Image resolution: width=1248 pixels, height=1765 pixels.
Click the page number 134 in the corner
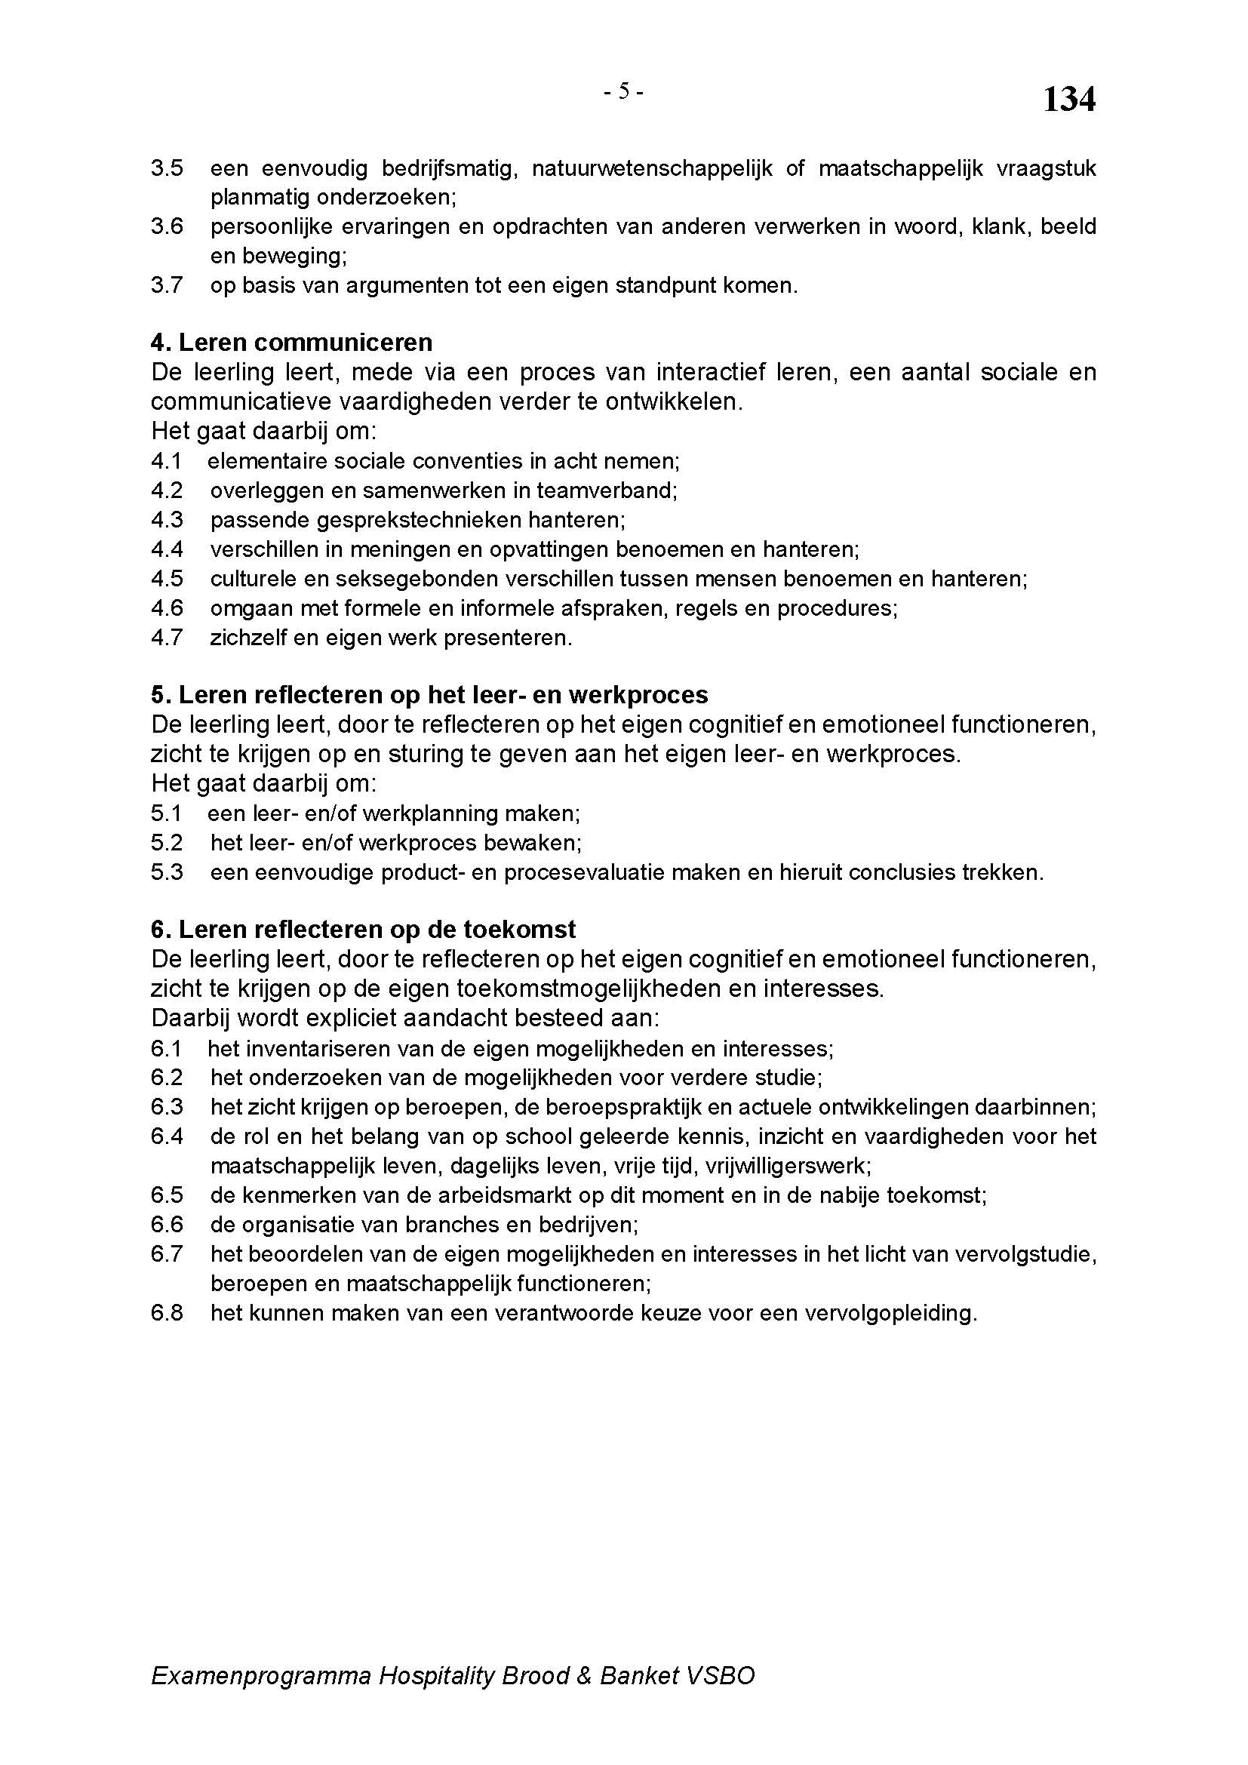1068,100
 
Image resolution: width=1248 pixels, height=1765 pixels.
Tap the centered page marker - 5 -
623,91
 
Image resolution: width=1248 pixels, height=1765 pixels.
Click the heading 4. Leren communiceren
291,342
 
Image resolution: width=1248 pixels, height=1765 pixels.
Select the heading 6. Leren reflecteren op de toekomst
363,930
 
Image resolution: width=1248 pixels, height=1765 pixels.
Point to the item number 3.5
167,168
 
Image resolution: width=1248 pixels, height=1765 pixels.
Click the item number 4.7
167,638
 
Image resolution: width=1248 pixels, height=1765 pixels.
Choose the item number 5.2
167,844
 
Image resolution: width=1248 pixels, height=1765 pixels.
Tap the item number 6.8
167,1313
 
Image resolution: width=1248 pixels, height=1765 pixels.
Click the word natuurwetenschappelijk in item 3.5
652,168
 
